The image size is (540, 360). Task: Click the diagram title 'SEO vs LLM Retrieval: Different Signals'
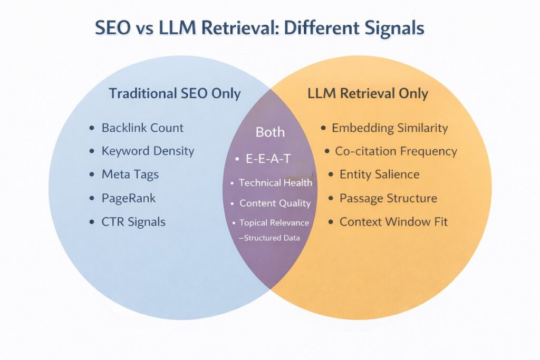259,28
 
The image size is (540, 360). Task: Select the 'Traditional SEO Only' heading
175,94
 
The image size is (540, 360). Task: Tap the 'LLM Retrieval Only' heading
368,94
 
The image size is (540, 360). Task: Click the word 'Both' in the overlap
270,132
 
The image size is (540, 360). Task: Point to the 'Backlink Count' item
142,128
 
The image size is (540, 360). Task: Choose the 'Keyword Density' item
148,151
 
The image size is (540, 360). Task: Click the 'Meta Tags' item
130,174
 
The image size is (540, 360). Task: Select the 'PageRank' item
128,198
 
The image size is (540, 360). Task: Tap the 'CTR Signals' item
133,222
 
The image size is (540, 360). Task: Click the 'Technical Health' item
275,183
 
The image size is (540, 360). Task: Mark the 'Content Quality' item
275,203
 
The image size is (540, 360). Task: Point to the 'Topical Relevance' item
274,223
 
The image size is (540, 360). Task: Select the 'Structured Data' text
272,238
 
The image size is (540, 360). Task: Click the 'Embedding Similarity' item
389,128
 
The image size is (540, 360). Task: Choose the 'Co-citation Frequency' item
396,151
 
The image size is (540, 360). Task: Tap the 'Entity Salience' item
379,174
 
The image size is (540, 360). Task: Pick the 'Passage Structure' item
388,198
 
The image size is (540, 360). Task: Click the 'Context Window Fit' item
393,222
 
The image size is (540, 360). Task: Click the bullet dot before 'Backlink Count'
93,128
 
